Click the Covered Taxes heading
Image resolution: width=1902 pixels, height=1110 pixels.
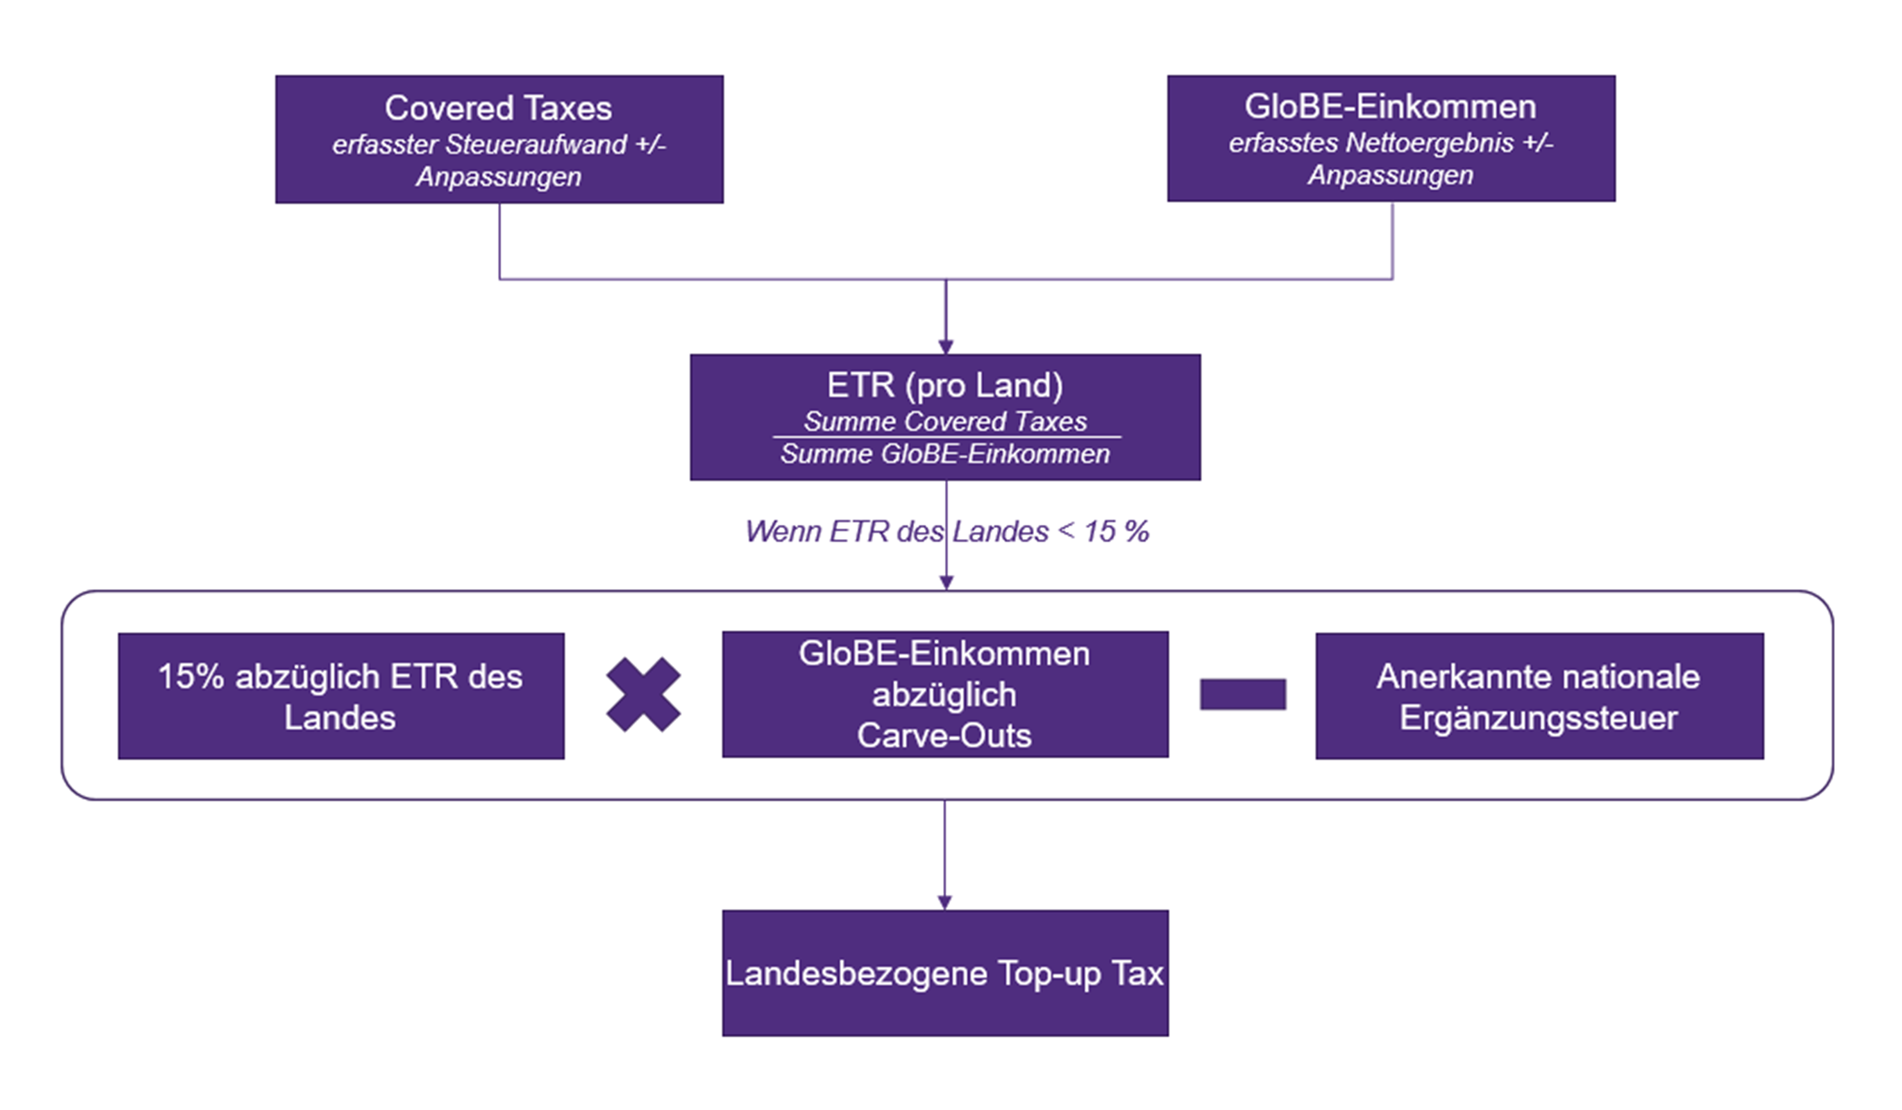pyautogui.click(x=498, y=108)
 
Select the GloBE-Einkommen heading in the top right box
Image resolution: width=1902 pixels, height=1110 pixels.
pyautogui.click(x=1390, y=107)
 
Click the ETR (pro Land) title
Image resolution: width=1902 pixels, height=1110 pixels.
pyautogui.click(x=945, y=385)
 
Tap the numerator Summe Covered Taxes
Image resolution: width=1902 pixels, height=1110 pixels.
pyautogui.click(x=945, y=421)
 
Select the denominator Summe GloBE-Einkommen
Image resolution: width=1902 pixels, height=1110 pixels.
pyautogui.click(x=945, y=454)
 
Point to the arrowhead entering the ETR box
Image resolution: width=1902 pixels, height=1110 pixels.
pyautogui.click(x=946, y=347)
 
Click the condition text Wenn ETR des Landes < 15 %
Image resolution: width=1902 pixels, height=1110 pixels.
pyautogui.click(x=946, y=532)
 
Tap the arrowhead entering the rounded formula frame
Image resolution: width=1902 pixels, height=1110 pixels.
pyautogui.click(x=946, y=583)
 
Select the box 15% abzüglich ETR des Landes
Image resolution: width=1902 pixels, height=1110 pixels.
pyautogui.click(x=341, y=696)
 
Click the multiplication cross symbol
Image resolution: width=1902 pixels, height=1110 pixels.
pyautogui.click(x=643, y=695)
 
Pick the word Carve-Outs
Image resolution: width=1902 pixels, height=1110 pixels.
pyautogui.click(x=944, y=736)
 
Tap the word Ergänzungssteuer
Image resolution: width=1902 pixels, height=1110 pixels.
pyautogui.click(x=1538, y=717)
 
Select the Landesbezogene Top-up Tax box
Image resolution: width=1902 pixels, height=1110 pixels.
pyautogui.click(x=945, y=973)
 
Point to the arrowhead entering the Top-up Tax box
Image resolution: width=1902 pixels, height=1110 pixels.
pyautogui.click(x=944, y=902)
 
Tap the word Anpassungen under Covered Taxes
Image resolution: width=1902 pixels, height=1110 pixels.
pyautogui.click(x=499, y=176)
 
